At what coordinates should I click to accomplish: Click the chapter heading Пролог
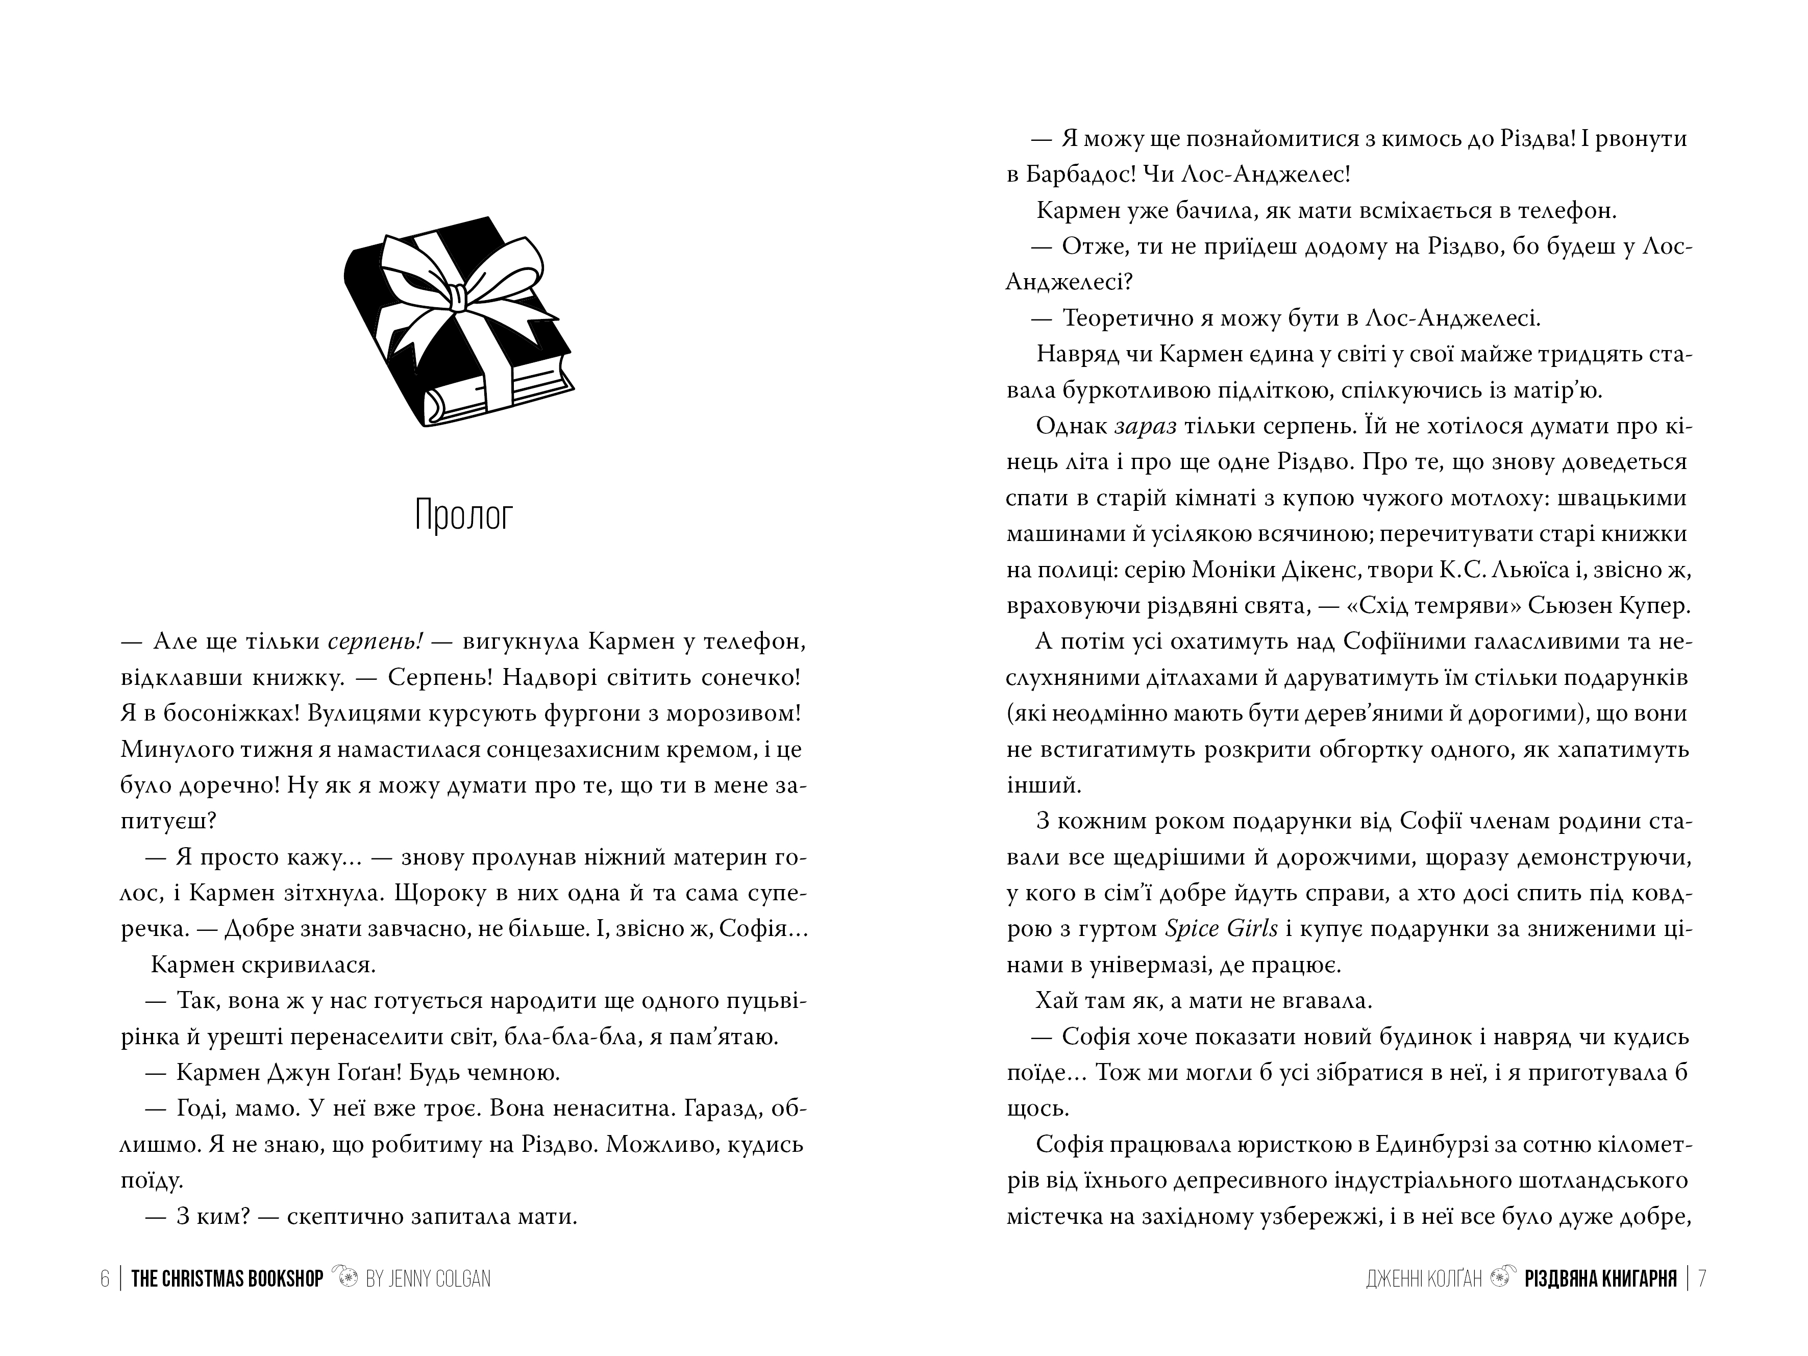pyautogui.click(x=463, y=516)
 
